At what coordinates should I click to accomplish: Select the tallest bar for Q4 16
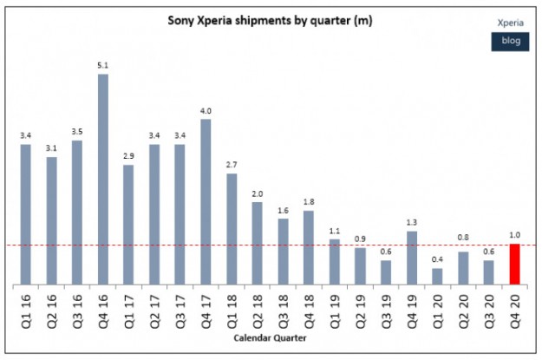click(103, 180)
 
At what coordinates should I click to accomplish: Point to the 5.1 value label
click(103, 66)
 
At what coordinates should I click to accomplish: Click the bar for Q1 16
click(26, 214)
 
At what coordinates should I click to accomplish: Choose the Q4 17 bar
click(206, 202)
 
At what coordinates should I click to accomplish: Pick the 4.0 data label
click(206, 110)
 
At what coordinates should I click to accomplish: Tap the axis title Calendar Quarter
click(269, 339)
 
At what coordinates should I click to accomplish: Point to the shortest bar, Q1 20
click(437, 276)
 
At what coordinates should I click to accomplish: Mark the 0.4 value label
click(437, 260)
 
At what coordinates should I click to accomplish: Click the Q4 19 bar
click(411, 258)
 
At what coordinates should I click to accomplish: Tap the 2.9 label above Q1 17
click(128, 157)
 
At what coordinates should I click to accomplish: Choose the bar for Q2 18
click(257, 243)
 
